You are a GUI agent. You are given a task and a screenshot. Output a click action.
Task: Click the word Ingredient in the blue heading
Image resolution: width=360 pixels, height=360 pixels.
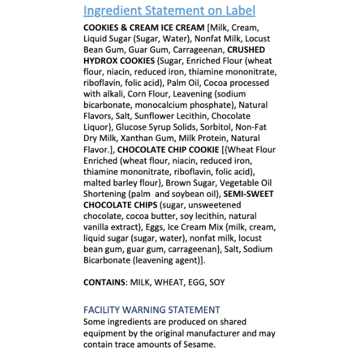point(112,11)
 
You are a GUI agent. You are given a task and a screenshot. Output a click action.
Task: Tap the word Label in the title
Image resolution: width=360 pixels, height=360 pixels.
point(239,11)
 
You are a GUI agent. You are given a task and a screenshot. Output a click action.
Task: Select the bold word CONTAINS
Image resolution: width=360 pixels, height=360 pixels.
point(106,282)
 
